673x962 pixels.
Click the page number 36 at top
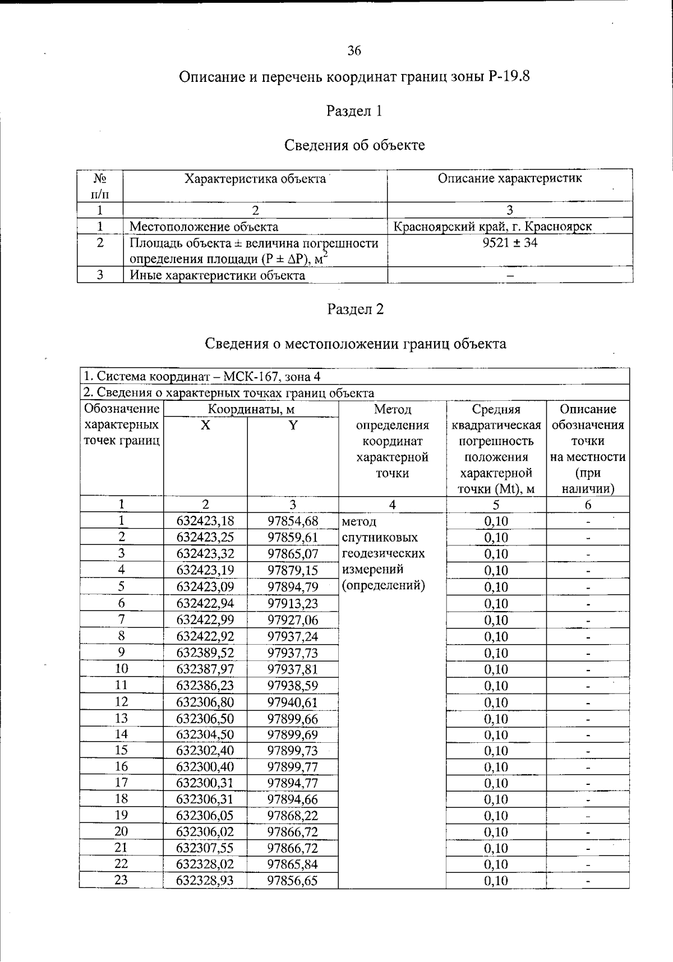[x=354, y=51]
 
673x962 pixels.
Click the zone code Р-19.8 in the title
[x=509, y=76]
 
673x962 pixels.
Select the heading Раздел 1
[x=354, y=111]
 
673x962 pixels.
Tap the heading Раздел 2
[x=355, y=309]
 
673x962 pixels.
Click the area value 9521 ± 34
[x=509, y=243]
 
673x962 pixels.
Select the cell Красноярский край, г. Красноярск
[x=492, y=226]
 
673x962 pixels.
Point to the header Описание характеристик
[x=509, y=178]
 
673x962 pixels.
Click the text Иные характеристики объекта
[x=218, y=275]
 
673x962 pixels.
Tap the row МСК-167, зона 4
[x=202, y=376]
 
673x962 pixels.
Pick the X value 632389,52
[x=205, y=653]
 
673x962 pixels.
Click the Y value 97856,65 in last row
[x=292, y=880]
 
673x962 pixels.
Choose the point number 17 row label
[x=121, y=782]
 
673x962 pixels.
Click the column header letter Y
[x=292, y=425]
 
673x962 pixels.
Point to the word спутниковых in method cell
[x=380, y=537]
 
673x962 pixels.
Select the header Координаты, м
[x=251, y=409]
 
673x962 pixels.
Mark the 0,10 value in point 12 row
[x=496, y=702]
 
